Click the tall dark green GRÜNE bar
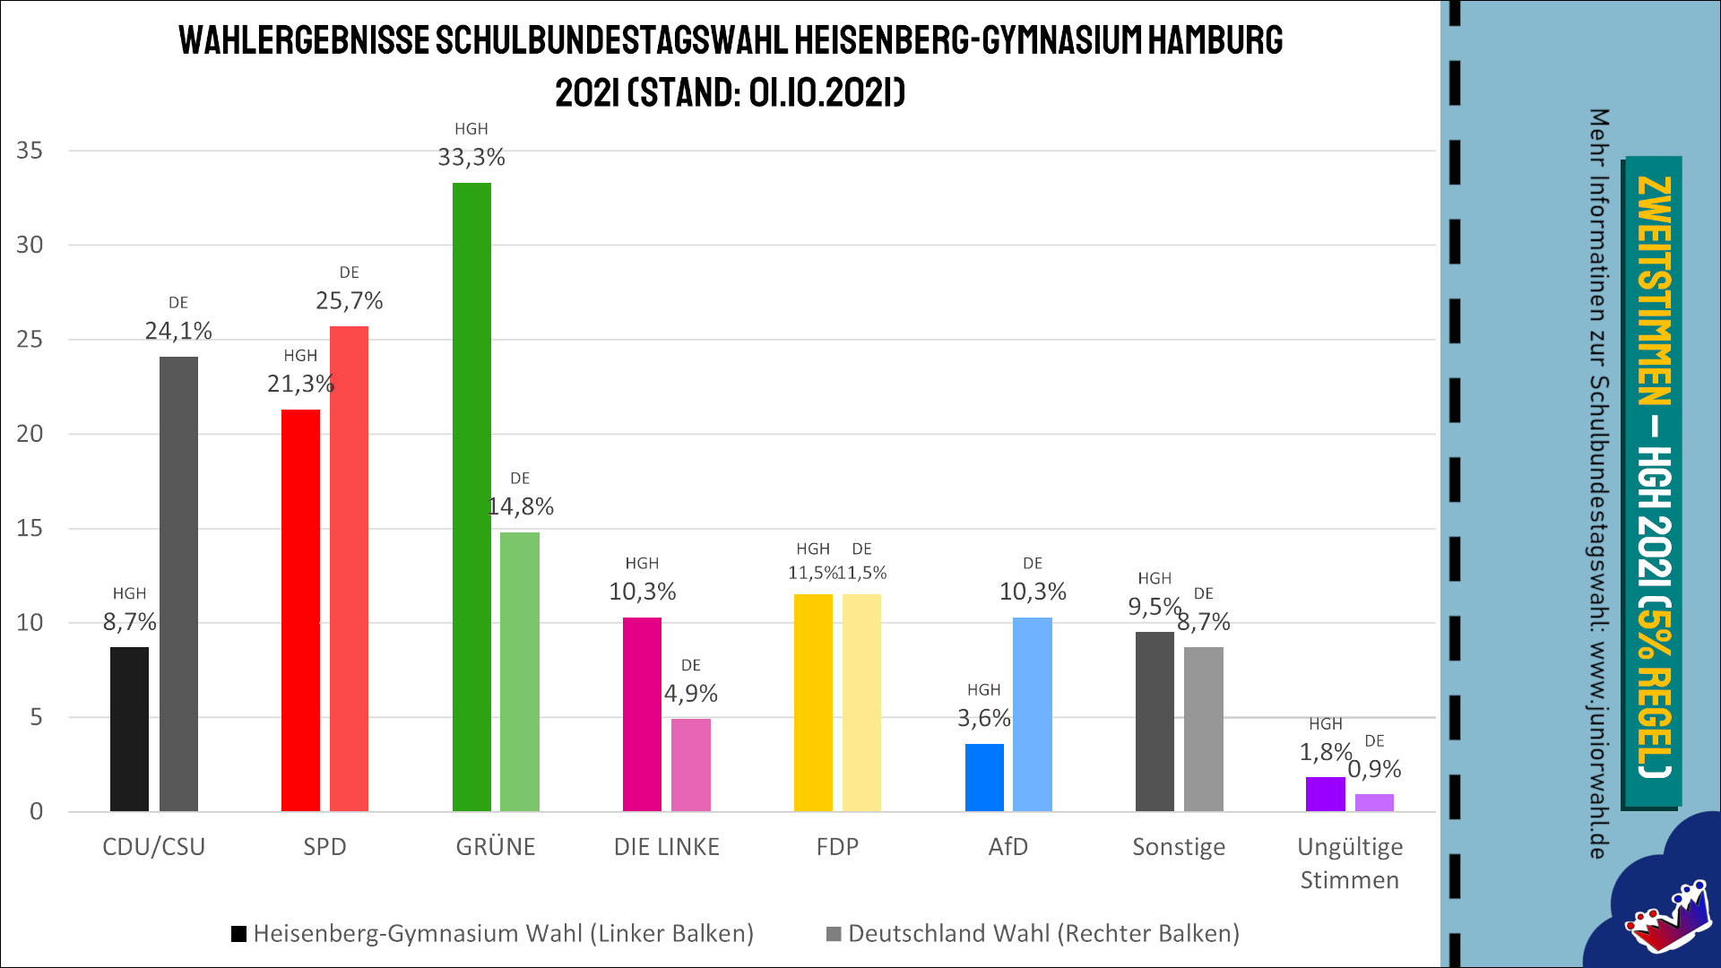click(x=471, y=497)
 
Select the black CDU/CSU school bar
click(x=129, y=729)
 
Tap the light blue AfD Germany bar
click(x=1032, y=714)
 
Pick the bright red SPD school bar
click(x=300, y=610)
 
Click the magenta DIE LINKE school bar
click(x=642, y=714)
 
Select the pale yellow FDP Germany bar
click(x=861, y=703)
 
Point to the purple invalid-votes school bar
click(x=1325, y=794)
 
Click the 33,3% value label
click(x=471, y=158)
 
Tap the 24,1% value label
click(x=178, y=332)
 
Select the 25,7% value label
click(x=349, y=301)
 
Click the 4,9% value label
click(x=690, y=694)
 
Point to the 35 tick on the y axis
click(x=30, y=151)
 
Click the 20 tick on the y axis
click(x=30, y=434)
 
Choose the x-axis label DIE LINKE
click(x=666, y=847)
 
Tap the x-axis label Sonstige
click(x=1178, y=847)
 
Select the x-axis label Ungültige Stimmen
click(x=1349, y=863)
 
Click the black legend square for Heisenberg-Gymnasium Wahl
click(x=238, y=934)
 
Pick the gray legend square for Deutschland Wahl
click(x=834, y=934)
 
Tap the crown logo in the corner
click(x=1669, y=919)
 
